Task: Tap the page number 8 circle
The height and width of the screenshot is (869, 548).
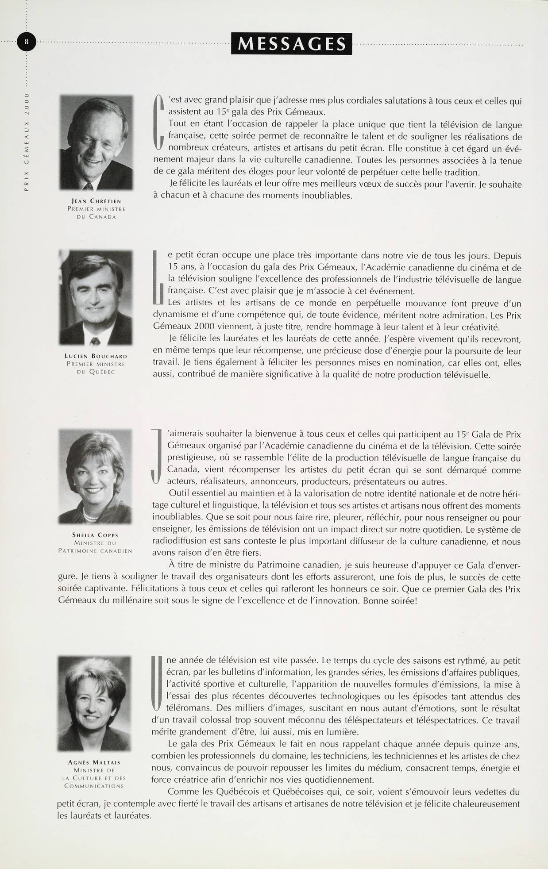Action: [27, 42]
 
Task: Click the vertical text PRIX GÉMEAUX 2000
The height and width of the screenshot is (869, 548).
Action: [27, 142]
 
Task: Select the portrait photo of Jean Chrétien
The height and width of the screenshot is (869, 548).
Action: [96, 142]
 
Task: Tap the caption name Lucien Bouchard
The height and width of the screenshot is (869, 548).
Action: [96, 356]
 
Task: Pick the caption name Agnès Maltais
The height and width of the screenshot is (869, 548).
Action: [95, 762]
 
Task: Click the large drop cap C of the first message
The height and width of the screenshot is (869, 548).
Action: [158, 122]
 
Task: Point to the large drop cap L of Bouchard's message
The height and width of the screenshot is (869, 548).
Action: [157, 278]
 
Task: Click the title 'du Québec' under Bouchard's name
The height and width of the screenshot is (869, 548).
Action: [96, 372]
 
